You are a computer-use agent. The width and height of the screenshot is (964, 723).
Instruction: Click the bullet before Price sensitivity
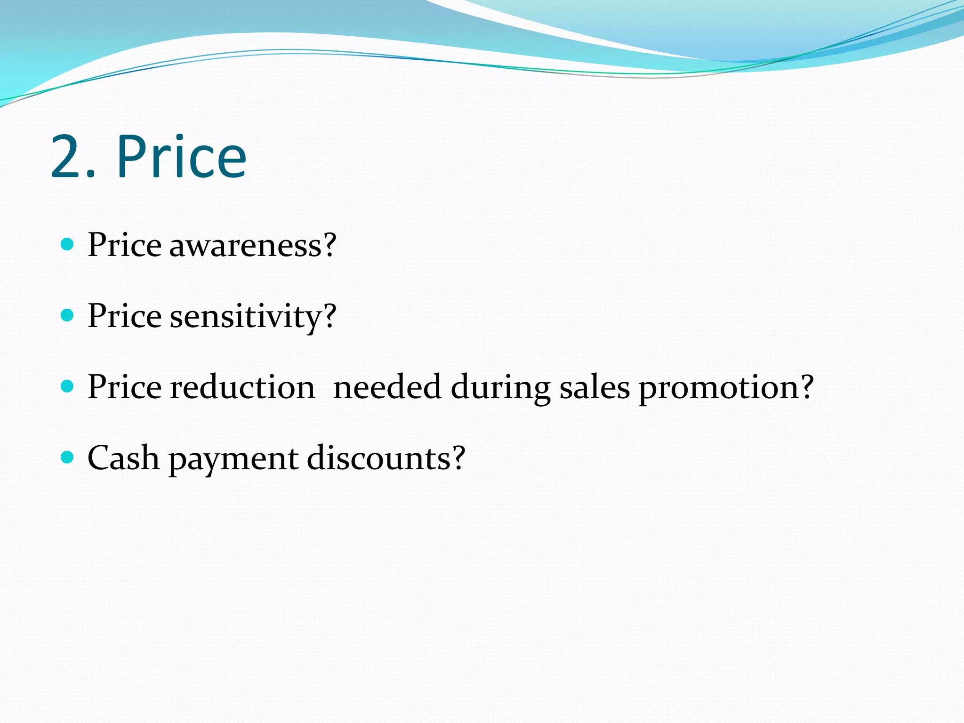[x=68, y=315]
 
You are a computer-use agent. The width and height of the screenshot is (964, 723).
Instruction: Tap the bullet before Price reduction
[x=68, y=386]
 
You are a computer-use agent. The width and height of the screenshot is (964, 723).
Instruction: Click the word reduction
[x=242, y=387]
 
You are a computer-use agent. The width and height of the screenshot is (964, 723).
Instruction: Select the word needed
[x=387, y=387]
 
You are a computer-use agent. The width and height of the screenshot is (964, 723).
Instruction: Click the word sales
[x=594, y=387]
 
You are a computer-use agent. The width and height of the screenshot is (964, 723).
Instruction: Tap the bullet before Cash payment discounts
[x=68, y=457]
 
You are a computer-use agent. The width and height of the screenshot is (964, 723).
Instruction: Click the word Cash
[x=123, y=458]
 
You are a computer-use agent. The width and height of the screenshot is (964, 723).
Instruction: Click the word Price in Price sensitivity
[x=125, y=316]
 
